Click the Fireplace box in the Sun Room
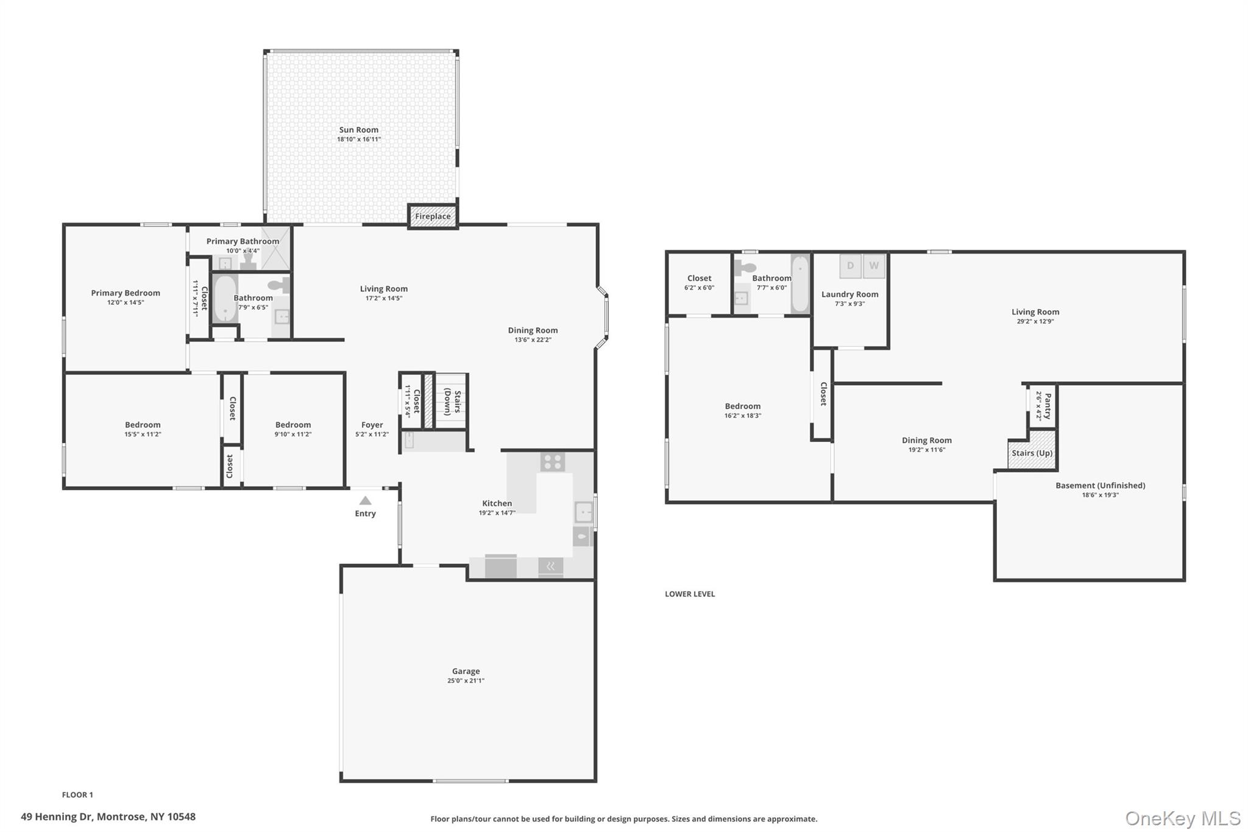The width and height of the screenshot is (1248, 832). click(x=433, y=216)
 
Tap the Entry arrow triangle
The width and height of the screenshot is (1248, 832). click(x=365, y=501)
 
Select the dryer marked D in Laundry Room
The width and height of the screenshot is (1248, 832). click(x=850, y=266)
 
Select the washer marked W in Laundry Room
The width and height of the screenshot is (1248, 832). click(x=874, y=266)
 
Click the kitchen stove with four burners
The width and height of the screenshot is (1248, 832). click(x=552, y=461)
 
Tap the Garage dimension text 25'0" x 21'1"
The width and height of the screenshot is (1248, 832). click(x=466, y=681)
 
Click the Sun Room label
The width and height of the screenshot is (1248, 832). click(x=358, y=129)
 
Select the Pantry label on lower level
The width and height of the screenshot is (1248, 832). click(x=1048, y=406)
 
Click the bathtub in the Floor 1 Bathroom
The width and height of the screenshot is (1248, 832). click(x=225, y=298)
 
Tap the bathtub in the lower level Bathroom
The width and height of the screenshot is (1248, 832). click(x=799, y=284)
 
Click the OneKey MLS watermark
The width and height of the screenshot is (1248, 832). click(x=1182, y=818)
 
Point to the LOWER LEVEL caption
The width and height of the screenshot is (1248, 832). click(x=689, y=594)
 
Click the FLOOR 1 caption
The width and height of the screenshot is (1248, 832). click(x=77, y=795)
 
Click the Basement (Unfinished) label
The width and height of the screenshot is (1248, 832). click(x=1100, y=485)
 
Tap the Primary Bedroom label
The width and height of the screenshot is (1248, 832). click(x=126, y=293)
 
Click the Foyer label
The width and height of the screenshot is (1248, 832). click(x=372, y=425)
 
